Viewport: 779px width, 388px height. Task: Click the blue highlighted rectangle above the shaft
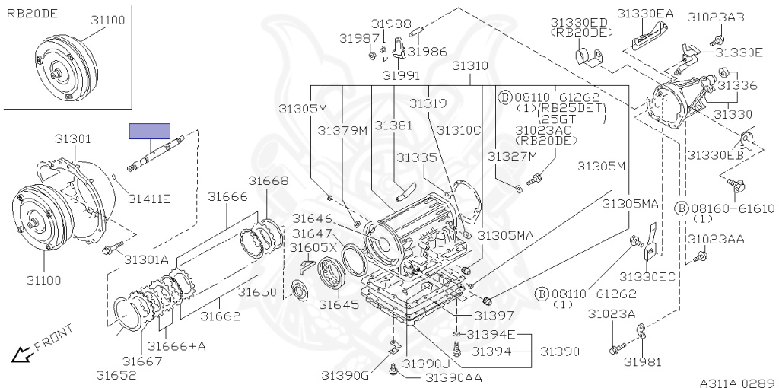[x=150, y=131]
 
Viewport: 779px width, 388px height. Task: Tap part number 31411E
[x=148, y=199]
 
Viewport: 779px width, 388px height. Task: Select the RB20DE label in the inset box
[x=32, y=14]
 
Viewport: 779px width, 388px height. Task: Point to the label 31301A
[x=146, y=259]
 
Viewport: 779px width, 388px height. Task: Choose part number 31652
[x=116, y=374]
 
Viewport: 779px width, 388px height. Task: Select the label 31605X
[x=314, y=247]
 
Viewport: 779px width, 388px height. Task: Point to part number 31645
[x=338, y=304]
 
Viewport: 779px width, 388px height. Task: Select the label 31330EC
[x=647, y=275]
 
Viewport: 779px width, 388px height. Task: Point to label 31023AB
[x=716, y=17]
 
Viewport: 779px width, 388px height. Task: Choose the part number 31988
[x=391, y=24]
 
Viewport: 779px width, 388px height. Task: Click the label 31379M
[x=342, y=131]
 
